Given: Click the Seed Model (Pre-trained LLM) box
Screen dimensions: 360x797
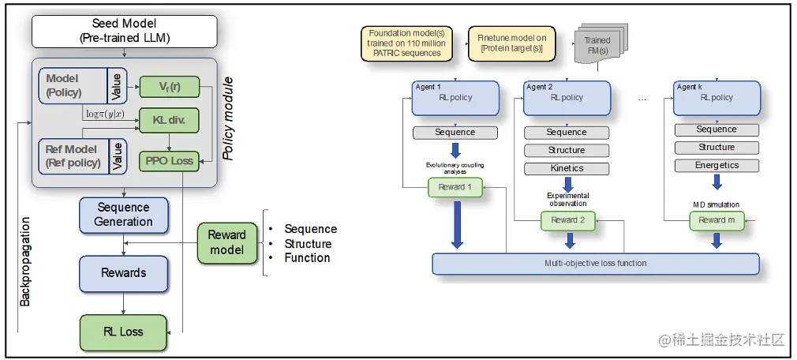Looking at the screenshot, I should (x=123, y=31).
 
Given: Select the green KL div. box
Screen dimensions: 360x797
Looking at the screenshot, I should (x=168, y=120).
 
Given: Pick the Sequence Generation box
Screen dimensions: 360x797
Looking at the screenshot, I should (x=123, y=215).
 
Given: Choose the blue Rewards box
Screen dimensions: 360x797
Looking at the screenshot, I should (x=123, y=273).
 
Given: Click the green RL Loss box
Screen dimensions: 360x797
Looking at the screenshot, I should (x=123, y=332).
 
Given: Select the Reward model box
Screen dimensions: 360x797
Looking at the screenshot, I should (x=226, y=242).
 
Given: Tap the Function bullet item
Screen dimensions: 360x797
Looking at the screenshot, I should (x=307, y=257).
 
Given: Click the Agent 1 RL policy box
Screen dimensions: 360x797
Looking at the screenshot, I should (x=455, y=97).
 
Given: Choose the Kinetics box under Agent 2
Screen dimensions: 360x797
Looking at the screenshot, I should (x=567, y=168).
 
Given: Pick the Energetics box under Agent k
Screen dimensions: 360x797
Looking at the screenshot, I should (x=716, y=166).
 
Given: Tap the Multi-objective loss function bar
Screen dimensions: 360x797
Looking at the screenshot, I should (x=596, y=264).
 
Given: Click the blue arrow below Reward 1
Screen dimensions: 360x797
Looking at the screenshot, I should (x=456, y=224).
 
